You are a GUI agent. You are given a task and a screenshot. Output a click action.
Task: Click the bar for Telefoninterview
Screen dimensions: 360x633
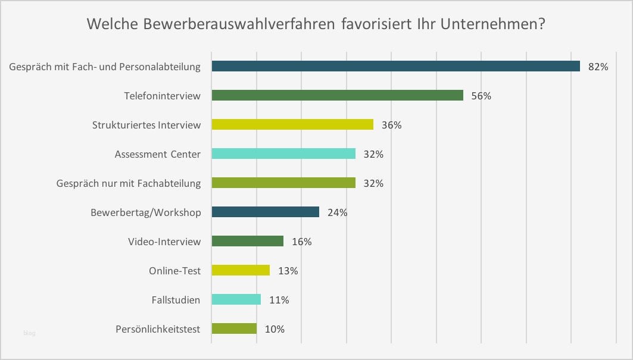pos(337,95)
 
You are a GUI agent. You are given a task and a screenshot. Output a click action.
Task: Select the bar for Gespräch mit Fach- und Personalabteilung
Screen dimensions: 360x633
pos(395,66)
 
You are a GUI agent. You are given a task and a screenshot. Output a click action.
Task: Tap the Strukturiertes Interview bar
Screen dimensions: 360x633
pos(292,124)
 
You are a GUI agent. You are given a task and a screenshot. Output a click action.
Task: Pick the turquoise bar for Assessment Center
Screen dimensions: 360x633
pos(283,154)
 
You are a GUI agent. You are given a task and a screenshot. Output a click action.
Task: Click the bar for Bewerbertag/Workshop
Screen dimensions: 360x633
pos(265,212)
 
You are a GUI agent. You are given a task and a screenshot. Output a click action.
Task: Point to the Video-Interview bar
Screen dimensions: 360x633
pos(247,241)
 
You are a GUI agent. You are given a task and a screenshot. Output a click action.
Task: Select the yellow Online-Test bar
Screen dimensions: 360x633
pos(241,270)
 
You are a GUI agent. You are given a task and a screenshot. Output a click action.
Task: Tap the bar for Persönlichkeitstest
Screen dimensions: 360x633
pos(234,328)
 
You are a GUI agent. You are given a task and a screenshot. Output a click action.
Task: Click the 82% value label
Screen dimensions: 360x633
pos(598,67)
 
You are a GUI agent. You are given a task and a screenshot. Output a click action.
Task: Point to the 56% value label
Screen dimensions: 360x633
pos(481,96)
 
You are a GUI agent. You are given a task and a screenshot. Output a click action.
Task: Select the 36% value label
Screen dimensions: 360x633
pos(392,125)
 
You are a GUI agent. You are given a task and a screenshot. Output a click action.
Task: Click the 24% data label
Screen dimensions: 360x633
pos(338,212)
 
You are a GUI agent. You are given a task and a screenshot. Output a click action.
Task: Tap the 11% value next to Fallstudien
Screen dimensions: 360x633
pos(279,300)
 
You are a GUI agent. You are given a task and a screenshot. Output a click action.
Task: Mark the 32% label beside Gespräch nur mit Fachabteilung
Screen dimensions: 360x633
pos(373,183)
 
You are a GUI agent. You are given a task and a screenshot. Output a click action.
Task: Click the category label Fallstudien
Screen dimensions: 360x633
pos(176,300)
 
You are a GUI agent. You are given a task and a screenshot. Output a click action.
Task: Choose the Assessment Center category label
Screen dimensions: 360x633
pos(158,154)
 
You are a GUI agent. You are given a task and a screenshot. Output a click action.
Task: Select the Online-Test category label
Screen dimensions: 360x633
pos(174,271)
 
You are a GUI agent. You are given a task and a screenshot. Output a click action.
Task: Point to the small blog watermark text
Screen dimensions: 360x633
pos(29,333)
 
